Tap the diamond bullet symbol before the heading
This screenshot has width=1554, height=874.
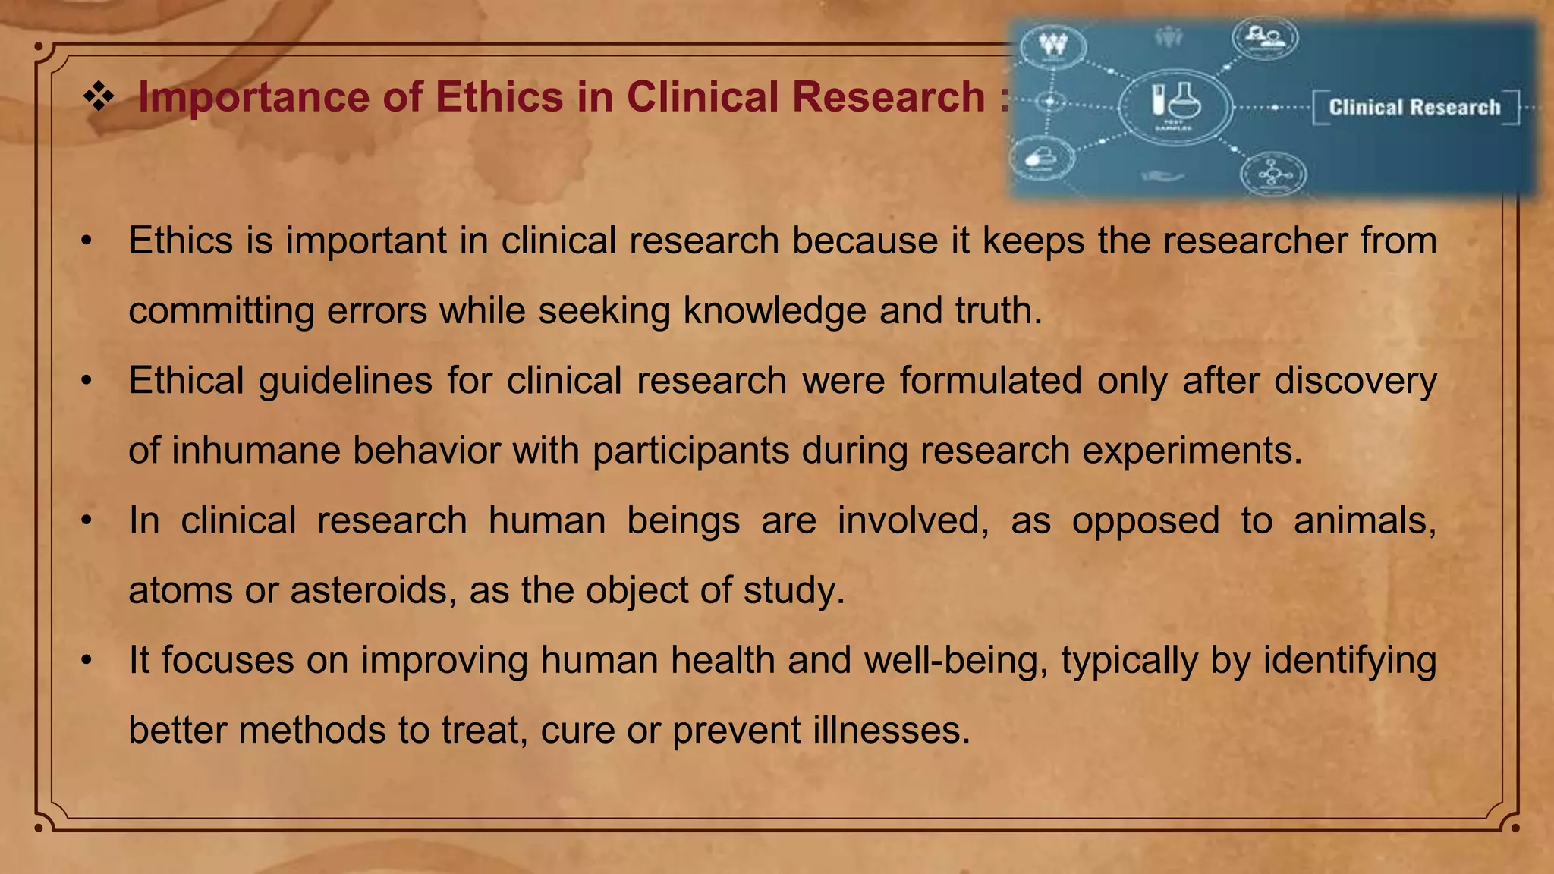(99, 97)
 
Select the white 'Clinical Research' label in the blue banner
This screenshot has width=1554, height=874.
(1414, 107)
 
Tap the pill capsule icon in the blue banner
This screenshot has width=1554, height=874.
(1040, 158)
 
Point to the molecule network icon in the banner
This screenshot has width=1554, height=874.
(1273, 174)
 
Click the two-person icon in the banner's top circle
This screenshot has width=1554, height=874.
(1264, 36)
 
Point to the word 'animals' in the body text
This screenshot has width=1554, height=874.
(1364, 520)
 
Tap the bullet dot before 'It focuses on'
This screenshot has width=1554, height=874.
(87, 660)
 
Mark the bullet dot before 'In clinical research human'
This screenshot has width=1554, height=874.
(87, 520)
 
